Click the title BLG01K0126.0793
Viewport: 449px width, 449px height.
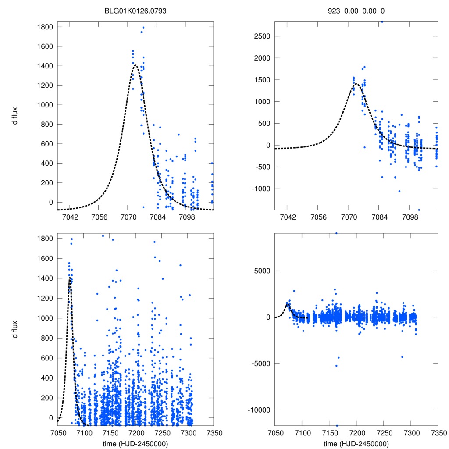[x=135, y=11]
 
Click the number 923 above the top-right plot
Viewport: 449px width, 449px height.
[x=334, y=11]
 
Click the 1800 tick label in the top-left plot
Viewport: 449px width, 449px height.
[x=46, y=27]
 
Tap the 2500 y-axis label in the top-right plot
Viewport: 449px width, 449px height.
[x=262, y=36]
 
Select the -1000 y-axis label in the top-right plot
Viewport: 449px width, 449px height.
[x=260, y=189]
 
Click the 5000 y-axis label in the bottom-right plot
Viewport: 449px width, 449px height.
[x=262, y=271]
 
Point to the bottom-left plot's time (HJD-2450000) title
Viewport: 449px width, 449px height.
[x=135, y=444]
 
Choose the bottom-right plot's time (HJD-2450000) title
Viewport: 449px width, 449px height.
[x=356, y=444]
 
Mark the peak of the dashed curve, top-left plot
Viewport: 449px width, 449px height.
[x=135, y=65]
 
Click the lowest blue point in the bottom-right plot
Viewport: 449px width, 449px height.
[x=337, y=425]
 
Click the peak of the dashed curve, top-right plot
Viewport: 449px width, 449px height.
[x=356, y=84]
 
